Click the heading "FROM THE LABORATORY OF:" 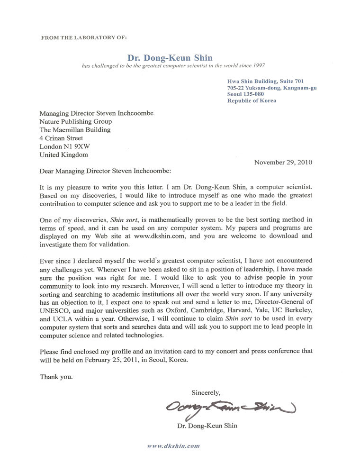(84, 36)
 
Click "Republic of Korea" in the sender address (252, 100)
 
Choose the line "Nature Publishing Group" (76, 121)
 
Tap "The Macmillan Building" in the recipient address (75, 129)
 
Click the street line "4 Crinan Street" (62, 138)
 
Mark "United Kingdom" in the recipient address (63, 154)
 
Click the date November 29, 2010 (283, 162)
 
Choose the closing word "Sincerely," (206, 392)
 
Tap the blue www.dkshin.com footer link (173, 446)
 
